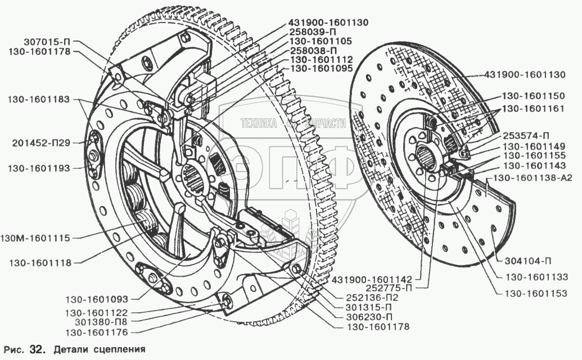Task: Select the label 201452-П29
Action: coord(40,143)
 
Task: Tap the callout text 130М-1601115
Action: coord(35,238)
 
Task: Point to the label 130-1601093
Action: coord(97,299)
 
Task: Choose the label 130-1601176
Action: coord(97,332)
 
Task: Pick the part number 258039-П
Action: coord(315,32)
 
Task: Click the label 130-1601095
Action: coord(321,69)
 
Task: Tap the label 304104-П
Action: coord(528,261)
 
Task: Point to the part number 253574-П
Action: coord(526,136)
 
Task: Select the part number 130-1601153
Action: coord(536,294)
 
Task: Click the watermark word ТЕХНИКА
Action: coord(259,123)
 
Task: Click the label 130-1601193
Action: coord(39,168)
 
